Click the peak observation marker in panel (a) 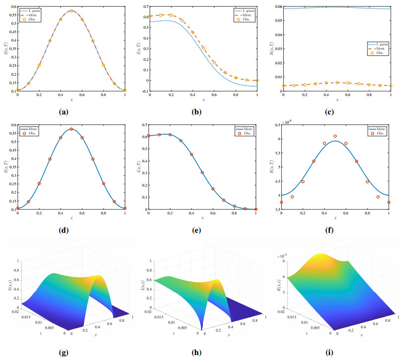(x=71, y=11)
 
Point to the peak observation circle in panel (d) (x=71, y=129)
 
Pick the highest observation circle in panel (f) (x=335, y=136)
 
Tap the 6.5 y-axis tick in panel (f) (x=276, y=125)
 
